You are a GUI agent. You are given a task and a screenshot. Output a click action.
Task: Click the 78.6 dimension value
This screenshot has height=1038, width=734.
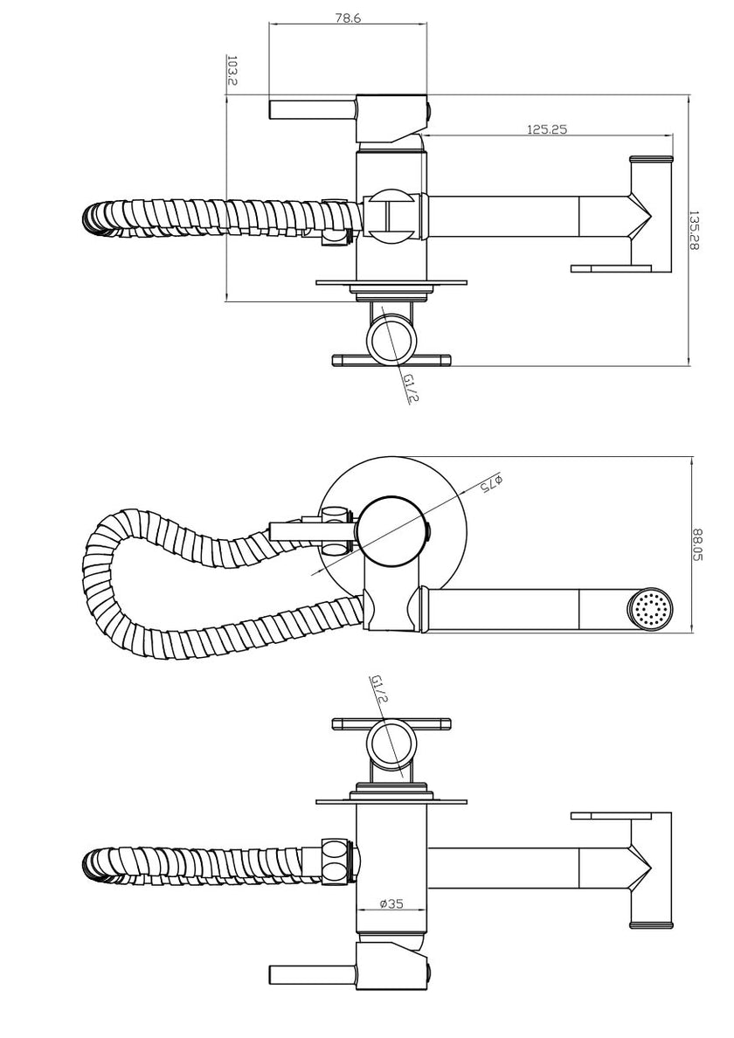(x=348, y=17)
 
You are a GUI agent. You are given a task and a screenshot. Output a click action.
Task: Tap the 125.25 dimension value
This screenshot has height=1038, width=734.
(x=547, y=128)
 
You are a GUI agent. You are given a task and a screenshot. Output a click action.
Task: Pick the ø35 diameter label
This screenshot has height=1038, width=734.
(x=391, y=904)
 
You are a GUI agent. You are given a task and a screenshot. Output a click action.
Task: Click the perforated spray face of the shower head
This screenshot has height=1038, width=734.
(x=651, y=609)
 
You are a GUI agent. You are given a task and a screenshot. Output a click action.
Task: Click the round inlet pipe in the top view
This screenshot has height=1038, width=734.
(x=391, y=338)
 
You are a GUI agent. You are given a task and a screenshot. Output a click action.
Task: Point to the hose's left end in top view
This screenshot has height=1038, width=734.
(x=94, y=217)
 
